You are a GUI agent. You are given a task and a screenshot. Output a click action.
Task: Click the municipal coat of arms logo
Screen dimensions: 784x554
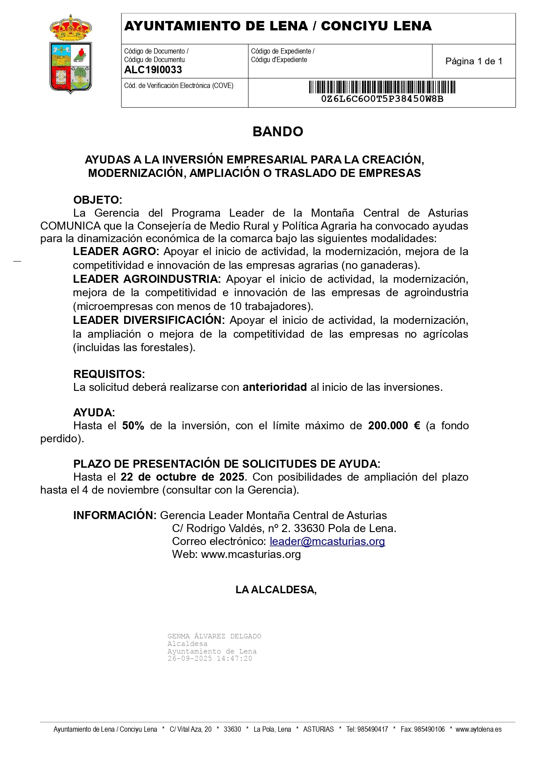point(71,55)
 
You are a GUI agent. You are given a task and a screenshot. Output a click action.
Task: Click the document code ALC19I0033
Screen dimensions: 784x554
point(153,70)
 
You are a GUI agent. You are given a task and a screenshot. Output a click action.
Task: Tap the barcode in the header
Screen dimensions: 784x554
point(382,87)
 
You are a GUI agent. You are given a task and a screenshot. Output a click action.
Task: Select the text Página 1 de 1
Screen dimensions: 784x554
point(474,61)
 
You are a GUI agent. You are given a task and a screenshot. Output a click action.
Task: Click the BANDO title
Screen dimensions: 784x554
point(277,131)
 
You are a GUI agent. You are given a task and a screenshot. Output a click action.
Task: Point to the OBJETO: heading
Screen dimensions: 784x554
point(97,200)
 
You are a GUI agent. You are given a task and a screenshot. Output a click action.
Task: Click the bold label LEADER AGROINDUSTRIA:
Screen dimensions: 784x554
point(147,279)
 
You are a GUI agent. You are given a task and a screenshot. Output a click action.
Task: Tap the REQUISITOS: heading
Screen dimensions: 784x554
point(109,374)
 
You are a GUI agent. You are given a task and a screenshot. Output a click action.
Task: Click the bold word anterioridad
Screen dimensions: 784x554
point(274,387)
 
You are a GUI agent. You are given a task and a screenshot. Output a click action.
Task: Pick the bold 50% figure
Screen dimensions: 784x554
point(133,426)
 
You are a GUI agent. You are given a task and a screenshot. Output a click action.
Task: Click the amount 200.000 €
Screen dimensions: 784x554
point(394,426)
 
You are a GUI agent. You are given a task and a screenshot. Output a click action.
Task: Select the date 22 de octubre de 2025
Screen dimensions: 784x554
point(182,477)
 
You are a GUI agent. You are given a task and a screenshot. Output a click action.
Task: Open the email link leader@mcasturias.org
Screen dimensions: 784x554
point(327,541)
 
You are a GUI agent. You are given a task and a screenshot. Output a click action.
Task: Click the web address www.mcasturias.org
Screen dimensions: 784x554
point(251,554)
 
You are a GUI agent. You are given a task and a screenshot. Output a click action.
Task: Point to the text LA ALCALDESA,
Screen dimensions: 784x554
point(276,590)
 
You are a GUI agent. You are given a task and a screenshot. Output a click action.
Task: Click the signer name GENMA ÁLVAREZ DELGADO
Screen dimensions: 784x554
point(214,636)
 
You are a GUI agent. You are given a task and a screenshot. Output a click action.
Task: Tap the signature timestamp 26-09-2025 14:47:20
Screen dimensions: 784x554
point(210,658)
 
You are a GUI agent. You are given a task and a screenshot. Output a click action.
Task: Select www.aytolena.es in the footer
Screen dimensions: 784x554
point(478,729)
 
